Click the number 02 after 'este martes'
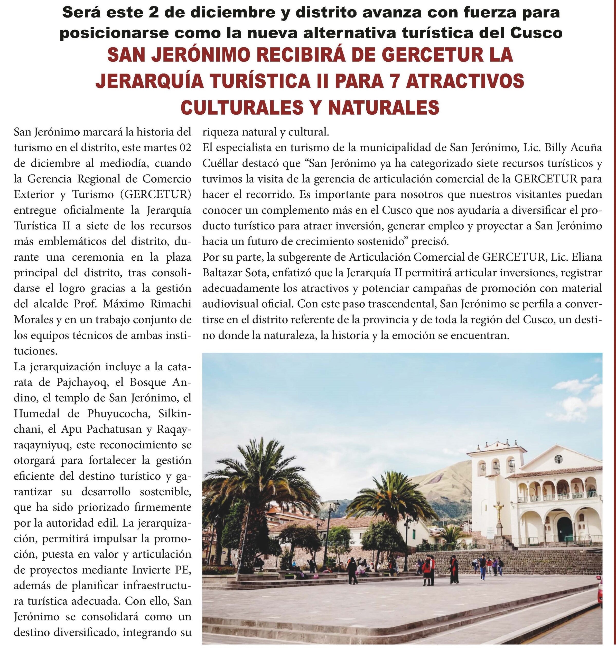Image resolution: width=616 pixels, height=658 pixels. (x=185, y=148)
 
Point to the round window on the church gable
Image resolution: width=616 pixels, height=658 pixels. (x=558, y=459)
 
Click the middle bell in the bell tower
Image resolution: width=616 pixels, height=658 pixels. (x=495, y=467)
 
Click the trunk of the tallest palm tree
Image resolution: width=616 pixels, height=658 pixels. (x=245, y=526)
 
